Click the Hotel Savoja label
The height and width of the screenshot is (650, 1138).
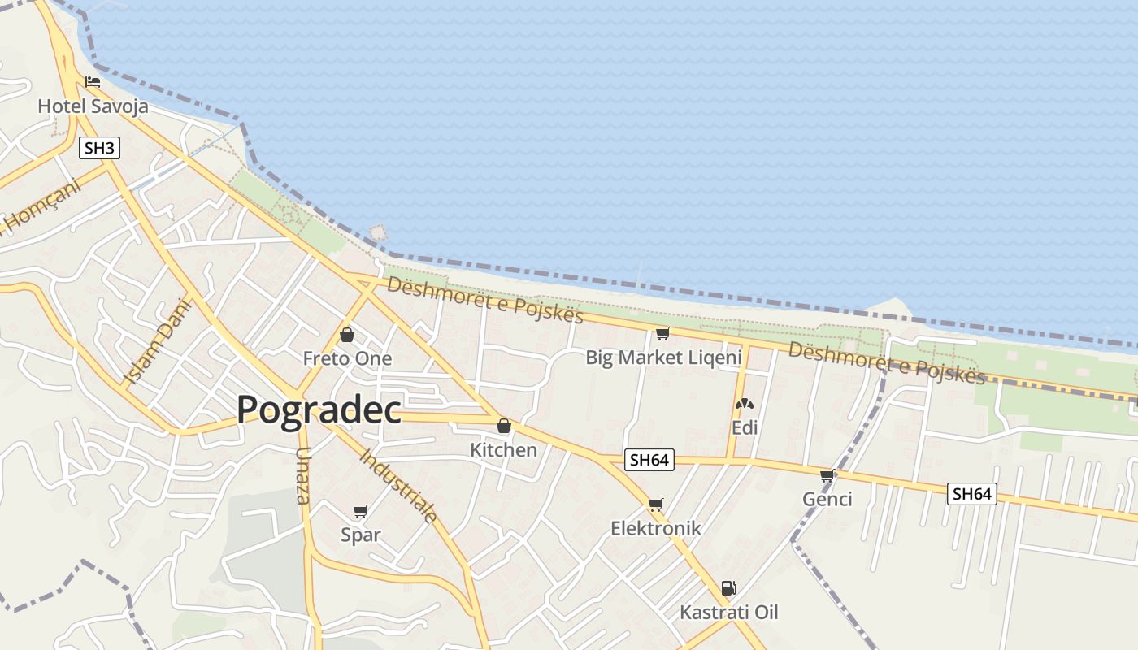tap(93, 106)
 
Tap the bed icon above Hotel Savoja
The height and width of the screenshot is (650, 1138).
tap(93, 82)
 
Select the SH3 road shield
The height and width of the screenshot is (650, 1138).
tap(100, 148)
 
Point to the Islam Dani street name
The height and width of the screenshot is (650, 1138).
tap(159, 341)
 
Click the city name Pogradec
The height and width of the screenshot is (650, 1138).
tap(319, 410)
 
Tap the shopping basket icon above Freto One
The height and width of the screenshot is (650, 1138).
tap(347, 335)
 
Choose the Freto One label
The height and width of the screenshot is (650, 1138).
tap(347, 358)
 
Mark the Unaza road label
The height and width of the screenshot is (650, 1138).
tap(303, 475)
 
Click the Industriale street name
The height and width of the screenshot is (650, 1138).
tap(399, 485)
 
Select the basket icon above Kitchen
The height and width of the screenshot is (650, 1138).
tap(504, 426)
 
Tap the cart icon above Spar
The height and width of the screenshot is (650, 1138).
tap(361, 512)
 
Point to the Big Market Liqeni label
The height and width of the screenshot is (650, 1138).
tap(663, 357)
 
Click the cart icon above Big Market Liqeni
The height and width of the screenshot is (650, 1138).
tap(662, 333)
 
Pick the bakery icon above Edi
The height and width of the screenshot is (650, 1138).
tap(744, 404)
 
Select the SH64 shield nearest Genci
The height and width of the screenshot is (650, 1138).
tap(971, 493)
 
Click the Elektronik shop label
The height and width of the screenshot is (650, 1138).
tap(655, 528)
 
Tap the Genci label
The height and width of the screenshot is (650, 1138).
tap(827, 499)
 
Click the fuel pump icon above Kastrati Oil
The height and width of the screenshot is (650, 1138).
tap(729, 588)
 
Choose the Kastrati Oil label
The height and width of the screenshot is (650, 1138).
tap(729, 612)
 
